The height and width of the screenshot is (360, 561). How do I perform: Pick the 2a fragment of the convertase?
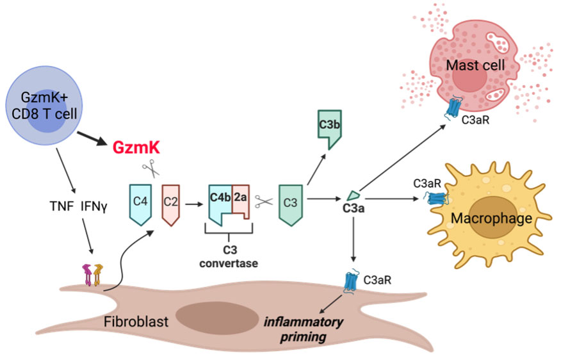[241, 197]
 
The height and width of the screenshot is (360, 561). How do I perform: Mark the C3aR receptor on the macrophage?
[435, 198]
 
